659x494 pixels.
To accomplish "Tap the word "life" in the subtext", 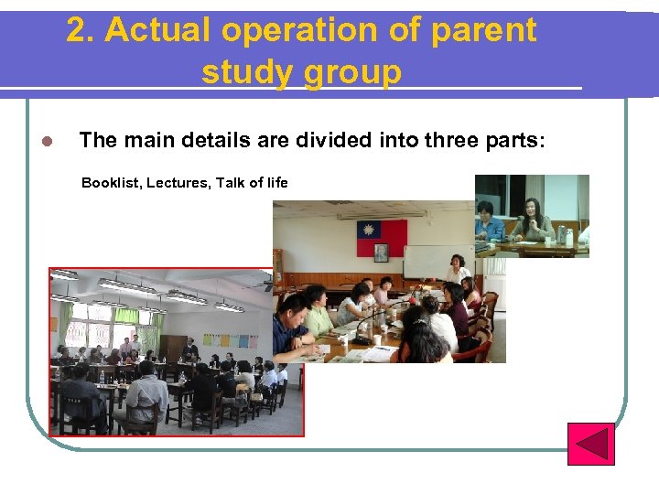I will [x=278, y=183].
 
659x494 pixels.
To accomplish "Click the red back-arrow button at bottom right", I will [x=590, y=443].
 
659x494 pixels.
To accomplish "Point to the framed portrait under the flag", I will [x=381, y=251].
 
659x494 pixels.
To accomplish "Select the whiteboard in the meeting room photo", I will [x=425, y=262].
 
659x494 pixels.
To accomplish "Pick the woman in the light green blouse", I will [x=318, y=311].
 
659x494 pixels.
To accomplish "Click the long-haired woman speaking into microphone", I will [x=532, y=220].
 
